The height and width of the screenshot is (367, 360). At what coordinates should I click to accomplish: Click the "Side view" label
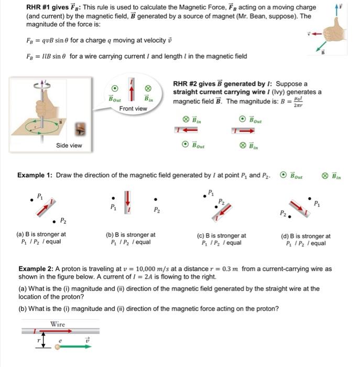(x=69, y=145)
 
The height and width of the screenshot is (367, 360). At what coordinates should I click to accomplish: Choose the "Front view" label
(x=133, y=109)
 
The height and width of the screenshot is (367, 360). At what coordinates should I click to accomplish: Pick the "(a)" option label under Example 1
(x=21, y=236)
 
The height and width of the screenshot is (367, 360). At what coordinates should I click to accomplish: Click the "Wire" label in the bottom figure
(x=58, y=323)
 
